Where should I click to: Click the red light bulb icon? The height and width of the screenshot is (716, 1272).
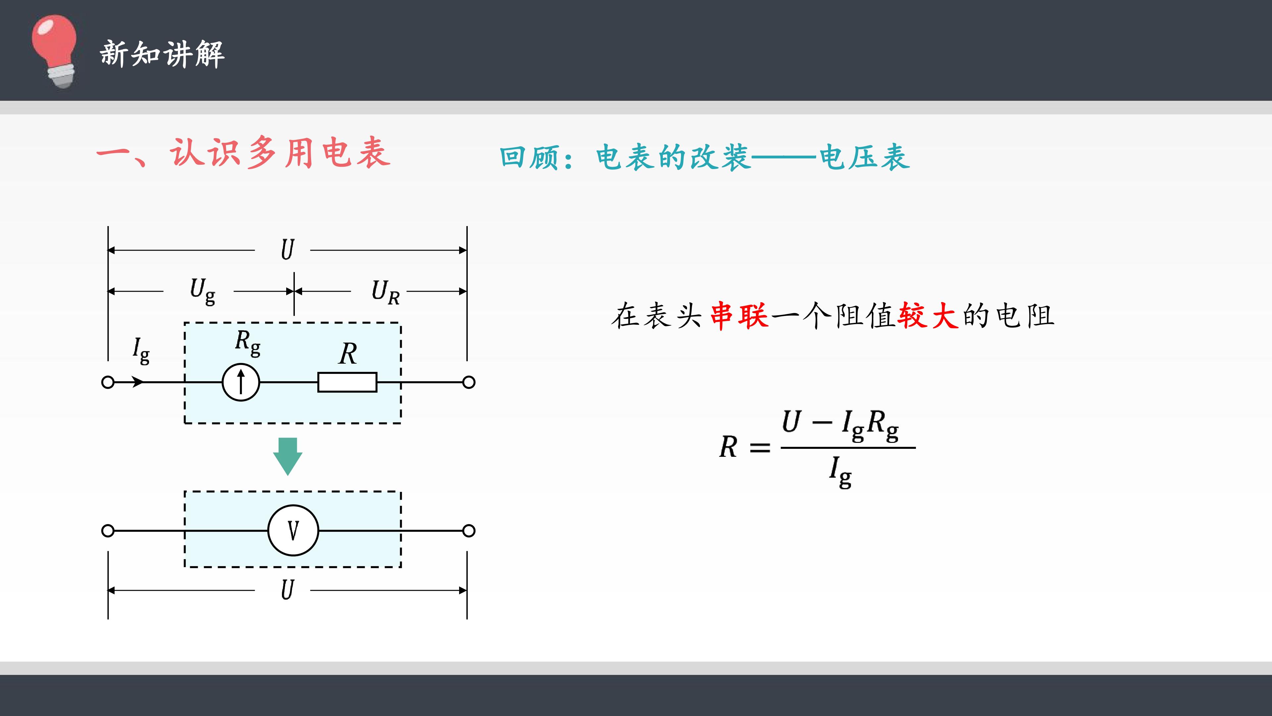tap(54, 51)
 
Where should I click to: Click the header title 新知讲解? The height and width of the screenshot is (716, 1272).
tap(162, 54)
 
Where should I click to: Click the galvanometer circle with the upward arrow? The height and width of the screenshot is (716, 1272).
tap(241, 382)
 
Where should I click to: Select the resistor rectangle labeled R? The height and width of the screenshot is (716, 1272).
tap(347, 382)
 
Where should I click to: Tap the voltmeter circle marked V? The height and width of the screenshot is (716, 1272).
tap(293, 531)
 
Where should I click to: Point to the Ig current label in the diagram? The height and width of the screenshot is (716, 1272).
tap(141, 351)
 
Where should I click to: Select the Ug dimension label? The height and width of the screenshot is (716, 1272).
tap(202, 292)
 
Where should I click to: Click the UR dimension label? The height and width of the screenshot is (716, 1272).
tap(386, 292)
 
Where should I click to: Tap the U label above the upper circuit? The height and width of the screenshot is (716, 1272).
tap(288, 250)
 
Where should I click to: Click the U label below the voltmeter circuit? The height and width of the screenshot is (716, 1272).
tap(288, 590)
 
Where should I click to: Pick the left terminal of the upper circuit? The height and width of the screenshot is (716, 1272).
tap(108, 382)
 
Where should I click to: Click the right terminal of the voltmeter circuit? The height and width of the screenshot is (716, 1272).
tap(469, 531)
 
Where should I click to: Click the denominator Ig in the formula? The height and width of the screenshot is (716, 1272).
tap(840, 472)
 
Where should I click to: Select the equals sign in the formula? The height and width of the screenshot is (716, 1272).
tap(760, 448)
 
